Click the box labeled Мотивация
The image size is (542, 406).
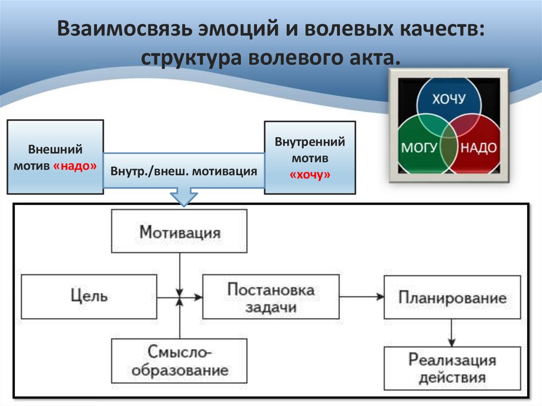click(179, 231)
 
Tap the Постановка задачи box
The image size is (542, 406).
click(270, 296)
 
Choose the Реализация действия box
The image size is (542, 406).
click(452, 368)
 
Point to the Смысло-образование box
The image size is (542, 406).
click(179, 360)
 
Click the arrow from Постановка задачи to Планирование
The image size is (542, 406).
click(362, 297)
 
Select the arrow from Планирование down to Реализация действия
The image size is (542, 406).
click(451, 332)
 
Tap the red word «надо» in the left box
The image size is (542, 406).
click(75, 166)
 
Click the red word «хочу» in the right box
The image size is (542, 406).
click(310, 175)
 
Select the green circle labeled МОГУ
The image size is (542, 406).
click(419, 147)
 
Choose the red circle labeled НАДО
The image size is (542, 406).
click(478, 147)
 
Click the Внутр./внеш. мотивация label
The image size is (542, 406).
click(184, 172)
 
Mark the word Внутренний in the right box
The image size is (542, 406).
click(310, 142)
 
